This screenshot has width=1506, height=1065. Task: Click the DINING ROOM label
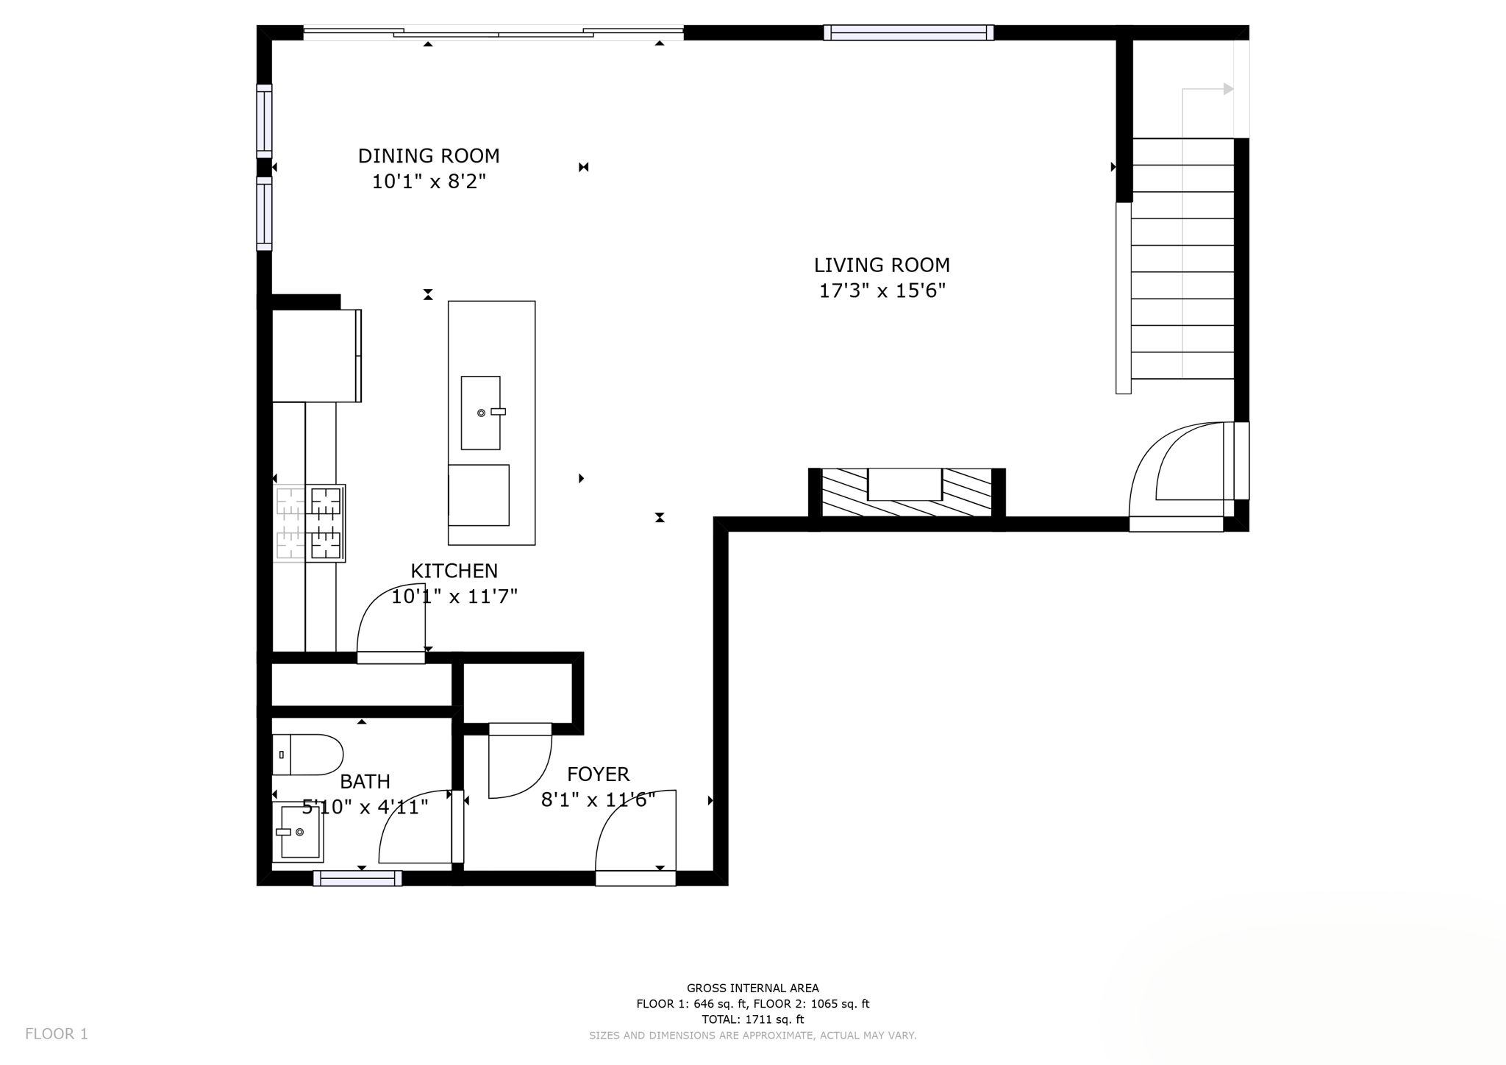[x=429, y=156]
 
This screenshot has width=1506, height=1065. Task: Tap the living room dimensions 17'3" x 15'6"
[x=882, y=291]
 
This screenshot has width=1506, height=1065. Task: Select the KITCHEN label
[x=454, y=571]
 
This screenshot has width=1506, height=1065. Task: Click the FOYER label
[x=598, y=774]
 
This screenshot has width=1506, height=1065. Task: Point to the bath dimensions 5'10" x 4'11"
[x=365, y=807]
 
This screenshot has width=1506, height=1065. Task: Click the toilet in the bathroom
[x=307, y=755]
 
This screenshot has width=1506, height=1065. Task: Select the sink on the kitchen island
[x=480, y=413]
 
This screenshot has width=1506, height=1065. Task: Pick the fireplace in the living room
[x=906, y=494]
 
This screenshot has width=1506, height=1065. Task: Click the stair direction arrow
[x=1227, y=89]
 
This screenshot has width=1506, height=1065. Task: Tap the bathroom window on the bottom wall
[x=357, y=878]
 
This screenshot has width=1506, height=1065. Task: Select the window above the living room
[x=908, y=32]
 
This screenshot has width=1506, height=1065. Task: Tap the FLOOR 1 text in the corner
[x=57, y=1034]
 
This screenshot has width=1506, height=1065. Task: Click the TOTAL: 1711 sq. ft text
[x=752, y=1019]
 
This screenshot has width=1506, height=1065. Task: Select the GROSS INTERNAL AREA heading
[x=752, y=989]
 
